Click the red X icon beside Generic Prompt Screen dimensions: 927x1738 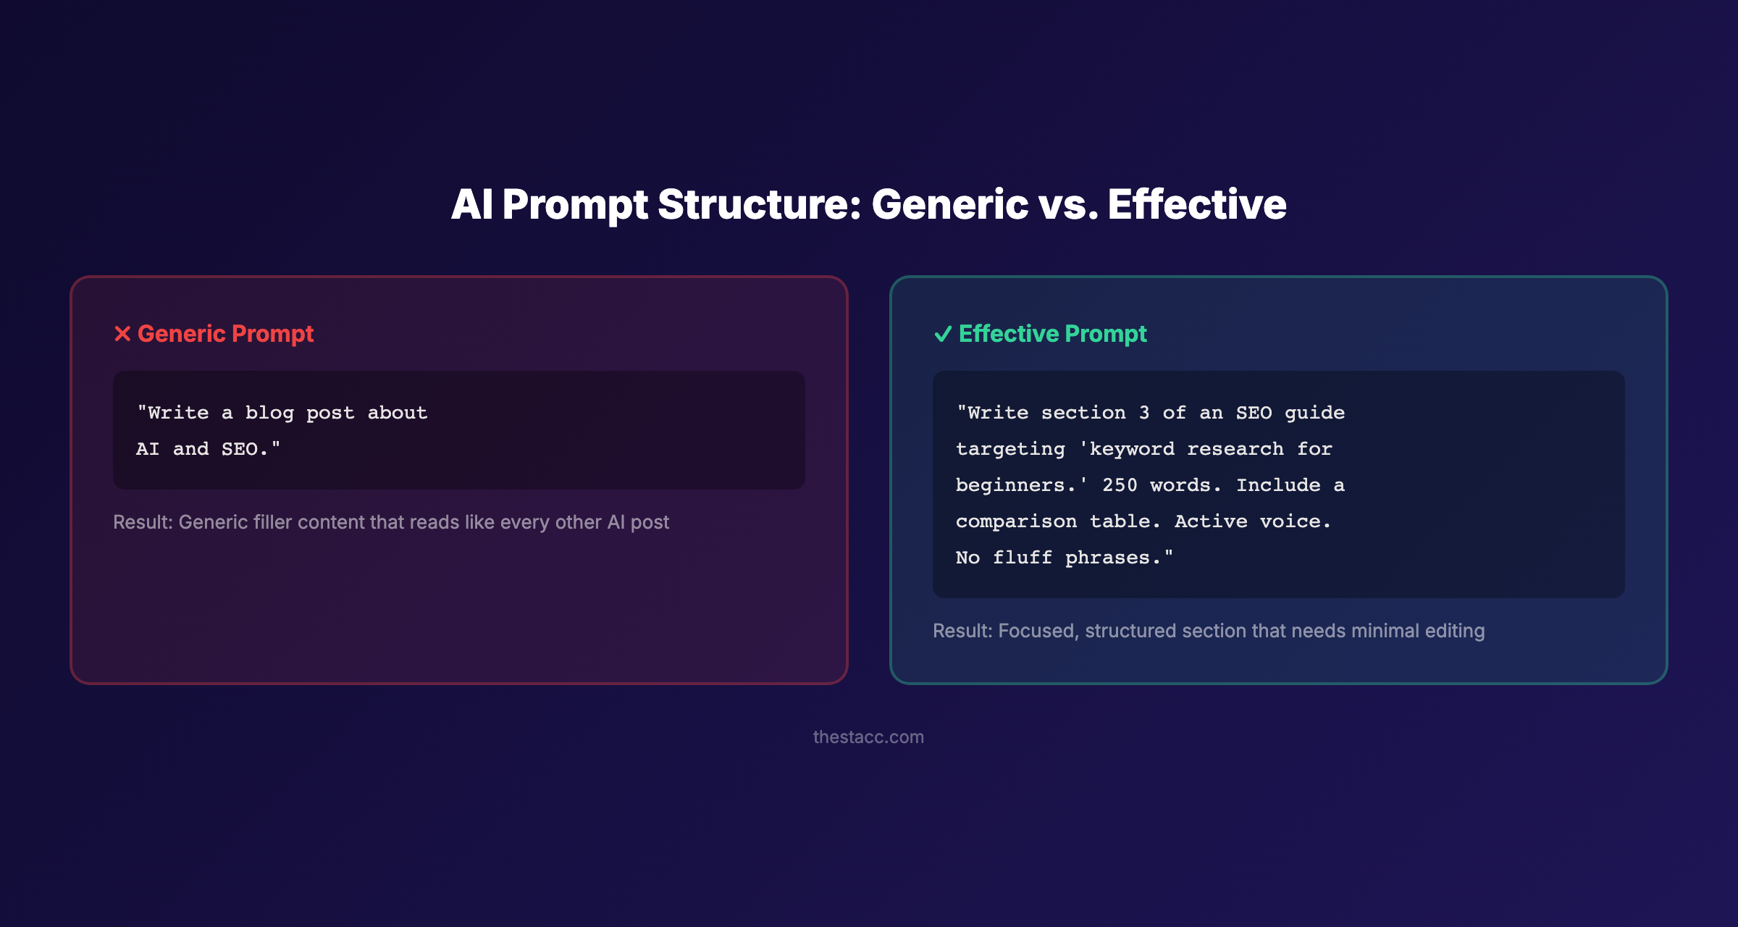122,334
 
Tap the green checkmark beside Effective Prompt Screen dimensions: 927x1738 942,334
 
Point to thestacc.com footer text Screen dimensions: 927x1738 868,737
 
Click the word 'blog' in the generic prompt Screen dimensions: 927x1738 269,413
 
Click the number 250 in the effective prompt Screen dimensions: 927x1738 1120,485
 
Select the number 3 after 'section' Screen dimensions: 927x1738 1143,413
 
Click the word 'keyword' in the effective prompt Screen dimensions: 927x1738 1132,449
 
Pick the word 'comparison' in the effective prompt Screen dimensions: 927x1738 1016,521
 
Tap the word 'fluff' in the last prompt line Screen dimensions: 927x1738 1022,558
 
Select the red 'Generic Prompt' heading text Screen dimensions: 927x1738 225,334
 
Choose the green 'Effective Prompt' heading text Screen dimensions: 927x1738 1052,334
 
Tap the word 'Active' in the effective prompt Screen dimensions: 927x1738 1211,521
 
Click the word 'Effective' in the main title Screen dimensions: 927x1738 1196,204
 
